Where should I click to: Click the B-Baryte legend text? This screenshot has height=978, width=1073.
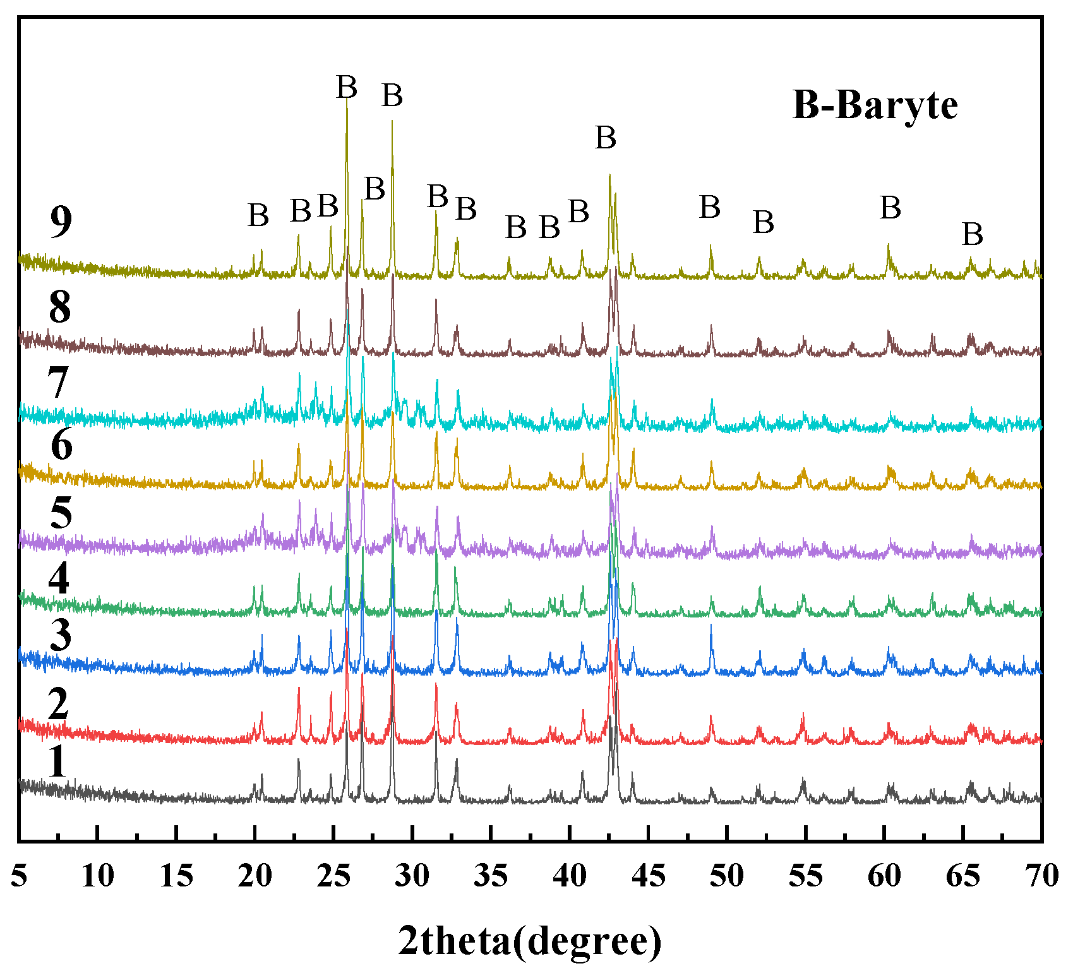point(875,105)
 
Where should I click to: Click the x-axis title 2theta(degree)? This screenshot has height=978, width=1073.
point(530,941)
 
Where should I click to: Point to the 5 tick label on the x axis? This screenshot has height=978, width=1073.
point(20,876)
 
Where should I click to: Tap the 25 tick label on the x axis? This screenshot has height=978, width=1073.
point(333,876)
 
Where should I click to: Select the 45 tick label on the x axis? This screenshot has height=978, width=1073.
point(649,876)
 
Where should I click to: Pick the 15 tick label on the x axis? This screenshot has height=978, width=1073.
point(176,876)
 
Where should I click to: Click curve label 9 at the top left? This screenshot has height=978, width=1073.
point(61,222)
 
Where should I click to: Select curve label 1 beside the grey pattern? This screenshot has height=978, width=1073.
point(57,761)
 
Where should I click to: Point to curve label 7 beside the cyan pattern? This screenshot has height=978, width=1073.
point(58,383)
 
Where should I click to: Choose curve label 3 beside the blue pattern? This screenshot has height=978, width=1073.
point(61,635)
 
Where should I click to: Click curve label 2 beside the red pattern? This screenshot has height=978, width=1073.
point(58,704)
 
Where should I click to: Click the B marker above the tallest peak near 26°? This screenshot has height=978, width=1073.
point(347,87)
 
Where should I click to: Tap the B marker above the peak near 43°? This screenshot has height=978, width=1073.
point(606,137)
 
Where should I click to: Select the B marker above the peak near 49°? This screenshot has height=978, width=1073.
point(710,207)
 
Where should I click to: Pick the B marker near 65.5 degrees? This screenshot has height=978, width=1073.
point(973,235)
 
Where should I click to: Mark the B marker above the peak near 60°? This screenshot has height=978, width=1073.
point(890,208)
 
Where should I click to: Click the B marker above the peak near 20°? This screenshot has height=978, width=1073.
point(258,215)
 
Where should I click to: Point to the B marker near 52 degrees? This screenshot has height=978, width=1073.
point(764,222)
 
